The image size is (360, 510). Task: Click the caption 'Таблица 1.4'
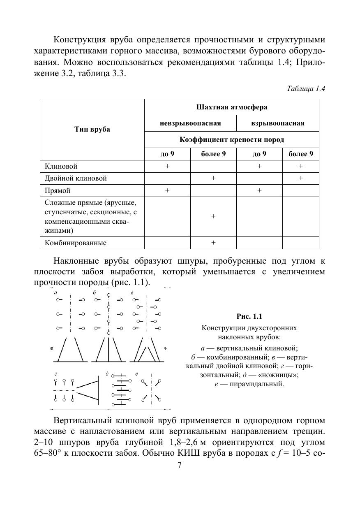tap(306, 89)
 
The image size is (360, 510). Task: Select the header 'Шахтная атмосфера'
tap(232, 107)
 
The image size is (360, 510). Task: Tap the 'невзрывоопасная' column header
tap(190, 123)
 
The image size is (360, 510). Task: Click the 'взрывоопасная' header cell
tap(278, 123)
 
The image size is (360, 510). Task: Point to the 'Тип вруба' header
tap(92, 129)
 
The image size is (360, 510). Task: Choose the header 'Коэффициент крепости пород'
tap(232, 139)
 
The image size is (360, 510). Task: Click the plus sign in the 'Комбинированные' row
tap(213, 243)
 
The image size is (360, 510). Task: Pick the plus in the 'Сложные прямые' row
tap(213, 216)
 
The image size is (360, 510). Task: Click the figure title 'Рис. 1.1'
tap(249, 316)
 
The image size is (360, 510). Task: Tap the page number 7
tap(180, 465)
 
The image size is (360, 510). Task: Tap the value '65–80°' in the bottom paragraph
tap(49, 453)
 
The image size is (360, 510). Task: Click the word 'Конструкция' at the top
tap(79, 40)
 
